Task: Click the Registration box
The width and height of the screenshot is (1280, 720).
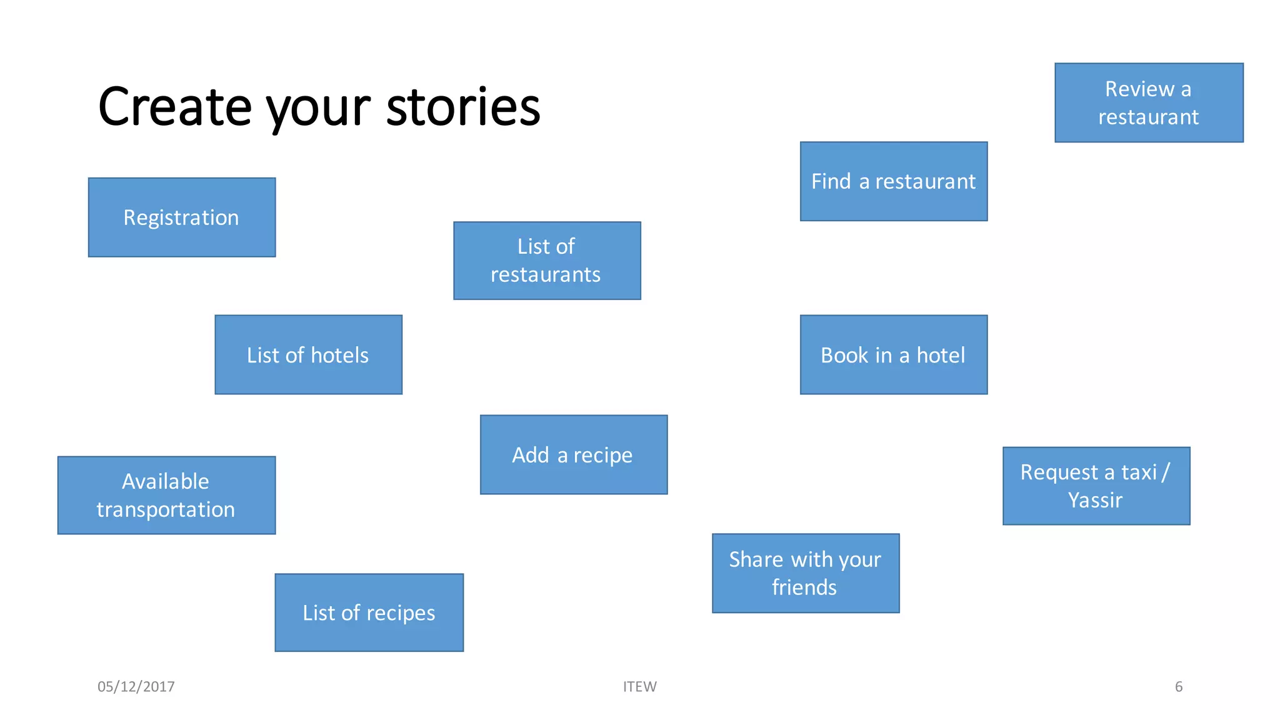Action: [x=182, y=217]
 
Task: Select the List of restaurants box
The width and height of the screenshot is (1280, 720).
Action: [x=547, y=261]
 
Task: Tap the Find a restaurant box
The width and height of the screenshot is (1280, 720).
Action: [x=894, y=181]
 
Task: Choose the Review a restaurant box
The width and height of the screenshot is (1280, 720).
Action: [x=1149, y=102]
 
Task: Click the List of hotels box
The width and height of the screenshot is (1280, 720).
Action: [x=308, y=355]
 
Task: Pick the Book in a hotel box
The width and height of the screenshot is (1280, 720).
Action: [x=894, y=355]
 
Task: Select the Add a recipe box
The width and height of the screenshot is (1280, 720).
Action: [x=574, y=455]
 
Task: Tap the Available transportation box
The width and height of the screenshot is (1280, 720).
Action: [x=166, y=495]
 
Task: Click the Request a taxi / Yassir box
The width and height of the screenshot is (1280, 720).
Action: [x=1096, y=486]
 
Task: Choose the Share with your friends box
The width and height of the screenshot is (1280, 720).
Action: [x=806, y=573]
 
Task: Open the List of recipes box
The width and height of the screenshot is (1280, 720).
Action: [x=369, y=612]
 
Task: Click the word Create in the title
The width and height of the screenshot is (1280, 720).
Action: [x=174, y=107]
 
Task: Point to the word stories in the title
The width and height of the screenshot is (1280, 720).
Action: [x=463, y=107]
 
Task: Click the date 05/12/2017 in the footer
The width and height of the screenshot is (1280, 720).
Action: [x=136, y=686]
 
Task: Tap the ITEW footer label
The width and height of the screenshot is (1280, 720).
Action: [x=639, y=686]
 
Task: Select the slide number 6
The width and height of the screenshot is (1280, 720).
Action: [x=1178, y=686]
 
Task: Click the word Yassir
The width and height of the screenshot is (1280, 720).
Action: [x=1095, y=501]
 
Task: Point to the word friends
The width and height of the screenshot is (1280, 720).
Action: [x=804, y=587]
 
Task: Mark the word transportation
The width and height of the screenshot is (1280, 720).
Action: [x=166, y=510]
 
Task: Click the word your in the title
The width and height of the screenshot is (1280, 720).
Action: [x=318, y=110]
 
